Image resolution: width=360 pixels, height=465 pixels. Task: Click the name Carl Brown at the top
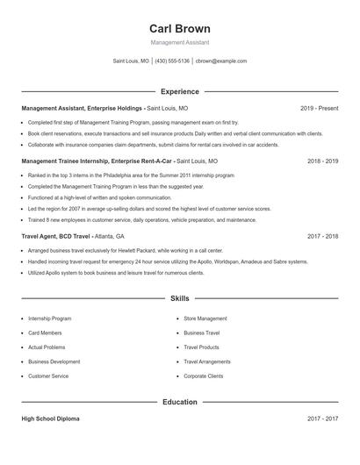pos(179,29)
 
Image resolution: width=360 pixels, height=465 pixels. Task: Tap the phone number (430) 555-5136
pos(172,61)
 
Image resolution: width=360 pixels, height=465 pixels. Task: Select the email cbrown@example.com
pos(220,61)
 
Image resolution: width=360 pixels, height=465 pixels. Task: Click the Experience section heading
pos(179,91)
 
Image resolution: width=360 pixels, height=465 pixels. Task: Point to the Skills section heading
pos(179,299)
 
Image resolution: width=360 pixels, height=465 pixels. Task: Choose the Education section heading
pos(179,402)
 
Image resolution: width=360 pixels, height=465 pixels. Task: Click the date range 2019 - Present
pos(319,108)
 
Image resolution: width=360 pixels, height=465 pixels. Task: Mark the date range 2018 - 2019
pos(322,162)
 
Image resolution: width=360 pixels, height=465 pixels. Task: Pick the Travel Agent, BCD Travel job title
pos(55,237)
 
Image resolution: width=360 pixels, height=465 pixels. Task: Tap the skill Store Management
pos(205,318)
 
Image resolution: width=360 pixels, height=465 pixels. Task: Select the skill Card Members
pos(45,333)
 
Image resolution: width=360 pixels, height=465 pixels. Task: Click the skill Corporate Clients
pos(204,376)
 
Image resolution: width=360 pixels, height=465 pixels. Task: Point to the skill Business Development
pos(54,361)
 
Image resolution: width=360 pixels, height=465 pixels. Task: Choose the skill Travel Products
pos(201,347)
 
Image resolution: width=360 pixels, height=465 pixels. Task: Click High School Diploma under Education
pos(50,419)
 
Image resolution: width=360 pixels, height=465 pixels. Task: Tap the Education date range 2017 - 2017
pos(322,419)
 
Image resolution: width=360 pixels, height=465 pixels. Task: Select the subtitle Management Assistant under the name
pos(179,42)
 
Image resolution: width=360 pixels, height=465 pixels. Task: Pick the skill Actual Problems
pos(47,347)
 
